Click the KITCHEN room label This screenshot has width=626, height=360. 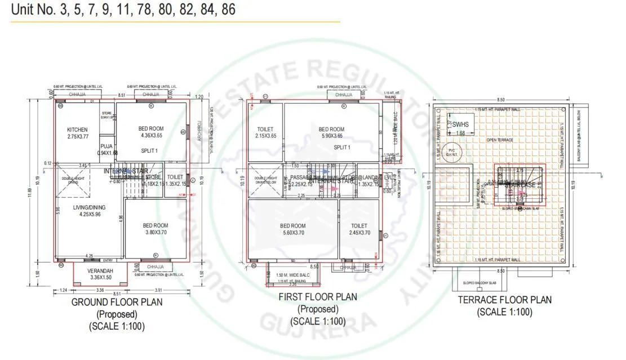pos(77,129)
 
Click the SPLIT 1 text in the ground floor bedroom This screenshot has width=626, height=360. pos(149,150)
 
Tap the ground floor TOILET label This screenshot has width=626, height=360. pos(175,177)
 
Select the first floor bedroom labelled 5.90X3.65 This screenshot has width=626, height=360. pos(331,129)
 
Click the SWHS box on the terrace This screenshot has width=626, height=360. pos(460,124)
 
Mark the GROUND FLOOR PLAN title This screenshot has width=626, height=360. pos(117,302)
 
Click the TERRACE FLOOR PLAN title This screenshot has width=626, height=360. pos(504,300)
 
